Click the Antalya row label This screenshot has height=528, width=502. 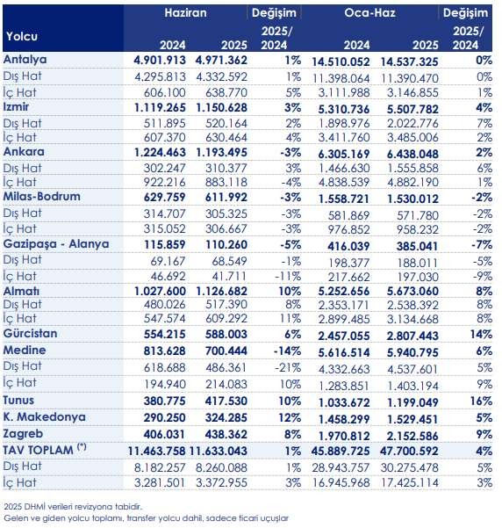[x=25, y=60]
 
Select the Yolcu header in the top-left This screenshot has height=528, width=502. [x=22, y=36]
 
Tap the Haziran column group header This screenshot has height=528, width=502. [x=185, y=13]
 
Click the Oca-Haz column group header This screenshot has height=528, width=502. [x=369, y=13]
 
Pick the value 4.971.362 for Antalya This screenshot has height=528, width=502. [x=221, y=61]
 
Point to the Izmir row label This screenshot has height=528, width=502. [x=16, y=107]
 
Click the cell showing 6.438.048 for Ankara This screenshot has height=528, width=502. [x=412, y=154]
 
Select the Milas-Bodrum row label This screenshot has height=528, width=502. [x=42, y=196]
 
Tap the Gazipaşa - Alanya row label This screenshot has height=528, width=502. [x=56, y=244]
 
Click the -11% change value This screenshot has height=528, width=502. [x=288, y=277]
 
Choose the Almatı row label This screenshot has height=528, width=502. [x=21, y=292]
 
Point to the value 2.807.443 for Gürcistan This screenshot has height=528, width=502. [x=412, y=336]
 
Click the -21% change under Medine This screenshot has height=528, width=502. [x=288, y=367]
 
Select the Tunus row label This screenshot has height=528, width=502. [x=18, y=401]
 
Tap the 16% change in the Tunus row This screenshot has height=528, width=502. [x=484, y=401]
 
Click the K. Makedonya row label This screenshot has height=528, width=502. [x=45, y=417]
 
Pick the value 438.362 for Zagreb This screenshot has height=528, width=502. [x=226, y=434]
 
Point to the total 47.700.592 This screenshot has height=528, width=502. [x=409, y=451]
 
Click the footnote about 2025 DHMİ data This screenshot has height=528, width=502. [x=73, y=506]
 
